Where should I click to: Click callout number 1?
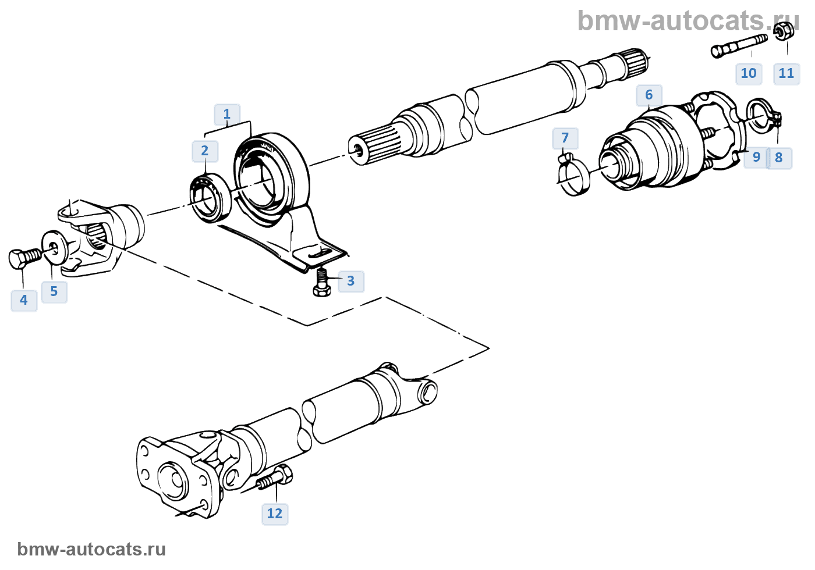227,115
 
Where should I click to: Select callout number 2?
205,151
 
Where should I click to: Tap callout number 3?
350,282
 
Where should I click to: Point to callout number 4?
24,300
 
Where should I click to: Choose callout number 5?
54,291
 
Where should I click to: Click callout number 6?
649,95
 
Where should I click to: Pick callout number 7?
565,138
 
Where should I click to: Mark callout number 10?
749,74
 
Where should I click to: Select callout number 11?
786,74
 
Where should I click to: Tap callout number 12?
275,514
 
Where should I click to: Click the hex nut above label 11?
785,31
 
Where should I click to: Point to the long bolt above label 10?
739,45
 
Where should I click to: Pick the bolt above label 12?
275,478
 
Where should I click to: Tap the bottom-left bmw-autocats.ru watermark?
91,549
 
